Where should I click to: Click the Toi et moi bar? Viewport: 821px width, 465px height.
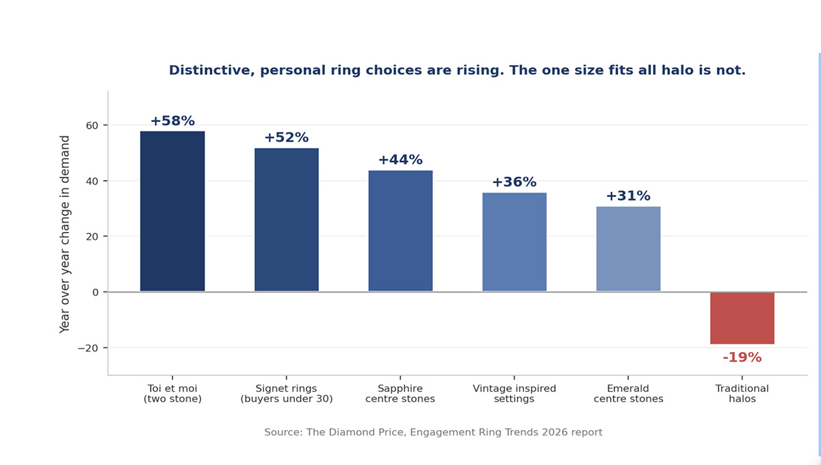coord(172,212)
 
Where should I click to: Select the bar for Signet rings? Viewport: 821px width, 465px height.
coord(287,220)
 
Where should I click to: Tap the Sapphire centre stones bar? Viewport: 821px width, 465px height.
coord(401,231)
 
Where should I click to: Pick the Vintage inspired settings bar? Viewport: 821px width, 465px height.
coord(514,242)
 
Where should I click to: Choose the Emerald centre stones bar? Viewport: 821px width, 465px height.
coord(628,249)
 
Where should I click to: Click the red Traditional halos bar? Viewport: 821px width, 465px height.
coord(742,318)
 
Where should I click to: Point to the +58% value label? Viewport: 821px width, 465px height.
coord(172,121)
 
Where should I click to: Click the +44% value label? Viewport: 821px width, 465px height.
coord(401,160)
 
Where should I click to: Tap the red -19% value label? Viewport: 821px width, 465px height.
coord(742,357)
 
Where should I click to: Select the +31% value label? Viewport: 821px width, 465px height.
coord(628,196)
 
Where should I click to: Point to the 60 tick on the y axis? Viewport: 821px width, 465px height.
coord(92,125)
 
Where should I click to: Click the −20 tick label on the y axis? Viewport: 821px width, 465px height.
coord(88,348)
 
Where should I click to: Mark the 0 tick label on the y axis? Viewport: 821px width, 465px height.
coord(96,292)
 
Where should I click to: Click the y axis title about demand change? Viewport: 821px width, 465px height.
coord(64,234)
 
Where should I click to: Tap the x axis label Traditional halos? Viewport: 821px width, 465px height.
coord(742,393)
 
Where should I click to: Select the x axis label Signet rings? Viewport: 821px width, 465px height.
coord(287,393)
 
